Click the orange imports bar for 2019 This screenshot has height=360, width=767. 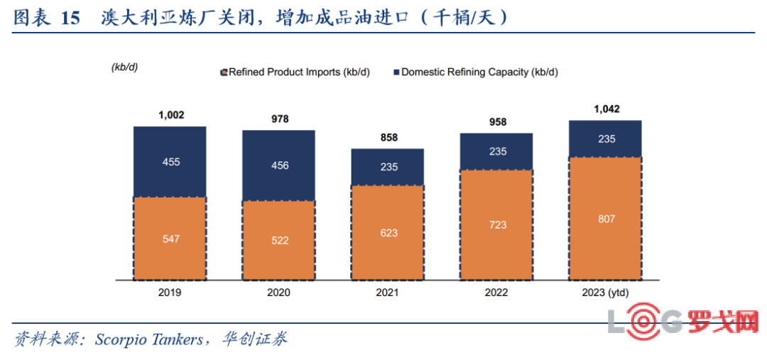[170, 237]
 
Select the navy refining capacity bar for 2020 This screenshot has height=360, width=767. [279, 165]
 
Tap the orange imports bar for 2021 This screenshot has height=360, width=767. [388, 232]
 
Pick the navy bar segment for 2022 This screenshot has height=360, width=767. [497, 151]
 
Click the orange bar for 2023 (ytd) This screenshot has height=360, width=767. [606, 218]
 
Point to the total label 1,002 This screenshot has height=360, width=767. [170, 115]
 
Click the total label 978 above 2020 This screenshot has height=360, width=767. [280, 119]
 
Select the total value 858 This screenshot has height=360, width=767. [388, 137]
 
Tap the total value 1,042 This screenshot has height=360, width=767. [606, 109]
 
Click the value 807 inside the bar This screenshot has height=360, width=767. [606, 219]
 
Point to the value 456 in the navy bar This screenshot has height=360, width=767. [280, 165]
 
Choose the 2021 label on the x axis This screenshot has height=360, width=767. [388, 293]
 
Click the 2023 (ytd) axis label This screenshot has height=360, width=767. [606, 293]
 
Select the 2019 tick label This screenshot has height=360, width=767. [170, 293]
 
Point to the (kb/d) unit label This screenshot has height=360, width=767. [124, 67]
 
